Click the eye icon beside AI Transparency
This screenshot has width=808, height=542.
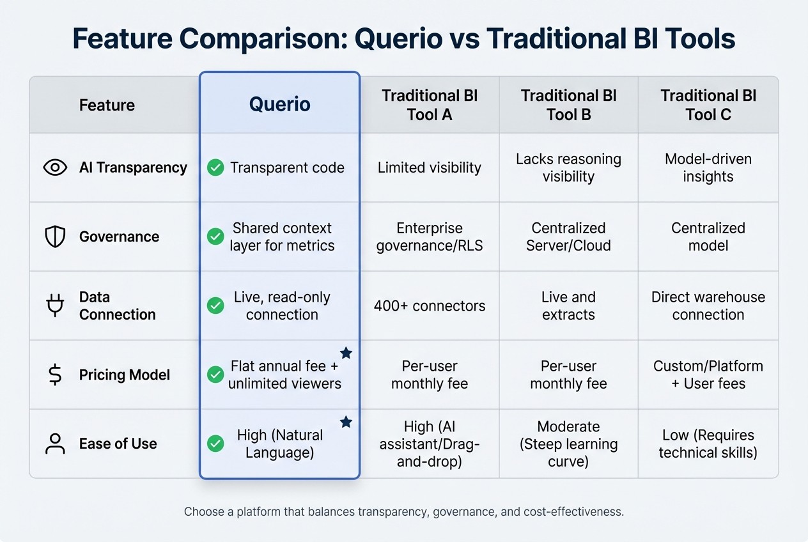(55, 167)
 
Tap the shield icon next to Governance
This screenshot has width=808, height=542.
(55, 236)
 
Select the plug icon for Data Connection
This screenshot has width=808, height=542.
(55, 306)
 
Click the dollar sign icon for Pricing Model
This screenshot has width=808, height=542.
(55, 375)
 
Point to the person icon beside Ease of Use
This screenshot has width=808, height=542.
(55, 444)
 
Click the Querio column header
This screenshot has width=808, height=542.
(279, 104)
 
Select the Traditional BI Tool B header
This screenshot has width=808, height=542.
(568, 105)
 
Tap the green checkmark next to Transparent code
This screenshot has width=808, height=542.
(215, 168)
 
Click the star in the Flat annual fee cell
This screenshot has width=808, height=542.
(346, 353)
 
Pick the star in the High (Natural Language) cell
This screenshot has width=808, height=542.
(346, 422)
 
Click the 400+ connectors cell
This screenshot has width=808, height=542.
(429, 306)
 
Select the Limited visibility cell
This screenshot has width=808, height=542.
(429, 168)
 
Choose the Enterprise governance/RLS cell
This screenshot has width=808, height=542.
(429, 236)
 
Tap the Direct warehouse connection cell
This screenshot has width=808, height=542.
(708, 306)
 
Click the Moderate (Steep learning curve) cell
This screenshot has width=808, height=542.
(568, 444)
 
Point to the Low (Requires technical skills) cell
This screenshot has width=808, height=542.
(708, 444)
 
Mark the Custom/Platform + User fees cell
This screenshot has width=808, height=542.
(708, 375)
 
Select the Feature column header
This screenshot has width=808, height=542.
(107, 105)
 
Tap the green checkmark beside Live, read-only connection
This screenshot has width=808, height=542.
(215, 306)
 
